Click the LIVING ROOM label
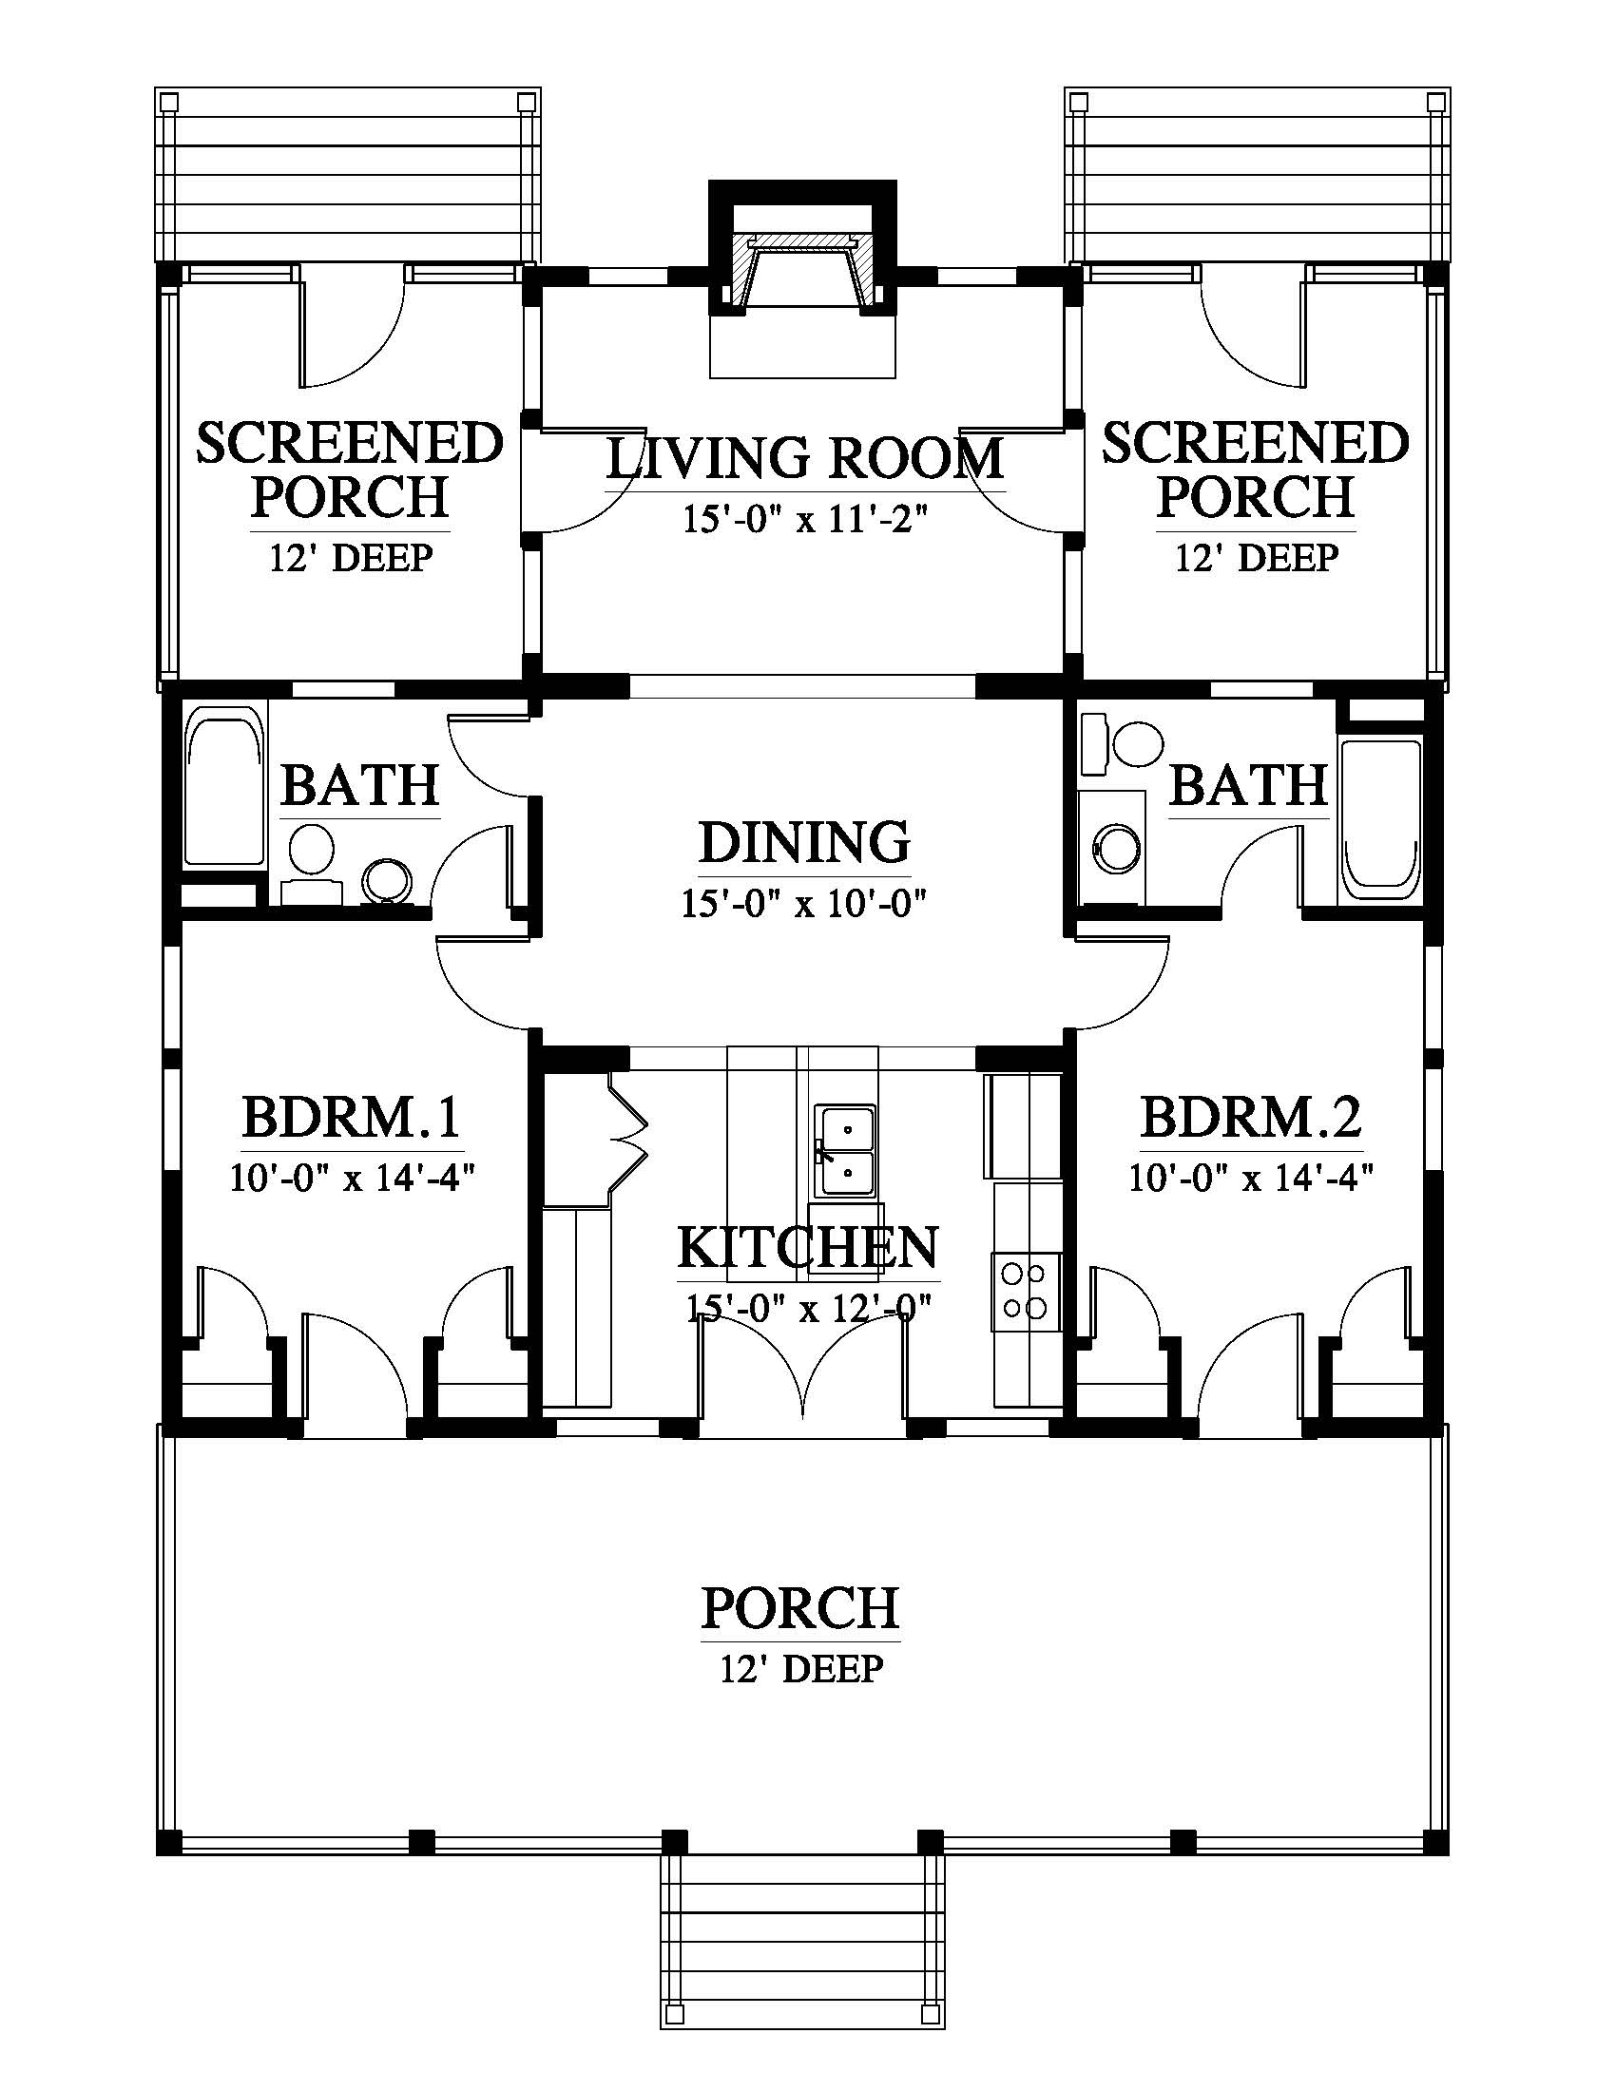(805, 459)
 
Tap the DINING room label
(804, 842)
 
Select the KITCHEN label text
(808, 1248)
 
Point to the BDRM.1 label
(353, 1117)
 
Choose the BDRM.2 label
(1251, 1117)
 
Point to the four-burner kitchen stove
(1027, 1291)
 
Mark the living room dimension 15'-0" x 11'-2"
(805, 520)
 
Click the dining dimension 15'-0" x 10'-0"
(804, 903)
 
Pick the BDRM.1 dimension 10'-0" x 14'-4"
(353, 1177)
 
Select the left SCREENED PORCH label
(350, 470)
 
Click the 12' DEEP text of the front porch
(801, 1669)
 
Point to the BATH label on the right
(1249, 786)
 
